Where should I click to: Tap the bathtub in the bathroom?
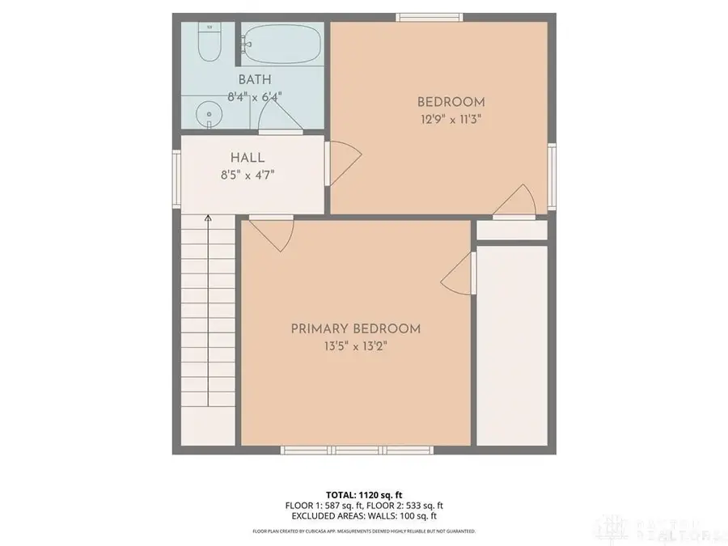click(282, 44)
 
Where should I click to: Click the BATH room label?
click(254, 80)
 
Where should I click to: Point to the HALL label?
click(248, 158)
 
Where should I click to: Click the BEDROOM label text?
click(451, 102)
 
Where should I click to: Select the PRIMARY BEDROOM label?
click(356, 328)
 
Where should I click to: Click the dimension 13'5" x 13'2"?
click(356, 345)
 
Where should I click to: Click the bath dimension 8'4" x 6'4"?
click(254, 96)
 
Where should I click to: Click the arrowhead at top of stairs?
click(208, 218)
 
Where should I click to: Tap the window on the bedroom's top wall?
click(430, 16)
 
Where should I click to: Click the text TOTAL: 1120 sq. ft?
click(363, 494)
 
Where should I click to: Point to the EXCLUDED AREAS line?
click(363, 515)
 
